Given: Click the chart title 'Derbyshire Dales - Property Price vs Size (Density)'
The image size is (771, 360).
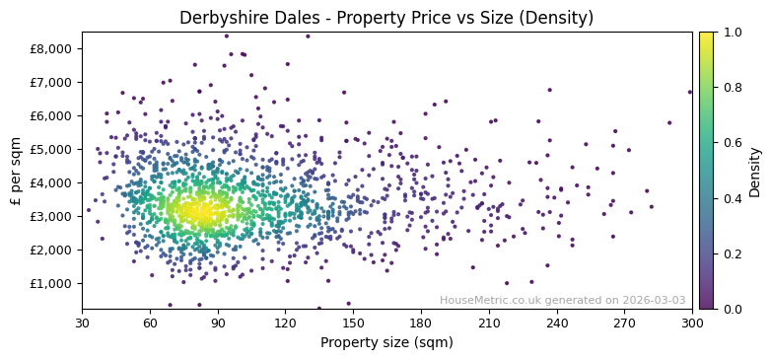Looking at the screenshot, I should coord(386,18).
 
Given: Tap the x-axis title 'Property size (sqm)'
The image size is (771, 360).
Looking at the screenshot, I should coord(386,343).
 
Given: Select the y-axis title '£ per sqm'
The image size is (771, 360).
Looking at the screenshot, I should coord(16,170).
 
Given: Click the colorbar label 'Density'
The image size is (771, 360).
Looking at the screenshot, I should coord(755,170).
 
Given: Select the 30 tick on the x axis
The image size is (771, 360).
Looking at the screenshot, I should coord(82,323).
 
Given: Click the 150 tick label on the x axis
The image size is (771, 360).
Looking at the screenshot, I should coord(353,323).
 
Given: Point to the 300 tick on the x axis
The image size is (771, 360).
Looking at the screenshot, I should coord(692,323).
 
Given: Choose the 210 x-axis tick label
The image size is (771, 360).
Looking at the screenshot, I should coord(489,323).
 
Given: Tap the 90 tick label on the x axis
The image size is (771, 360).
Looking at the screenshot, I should coord(218,323).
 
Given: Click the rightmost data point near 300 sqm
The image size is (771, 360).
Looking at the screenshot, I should coord(690,92).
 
